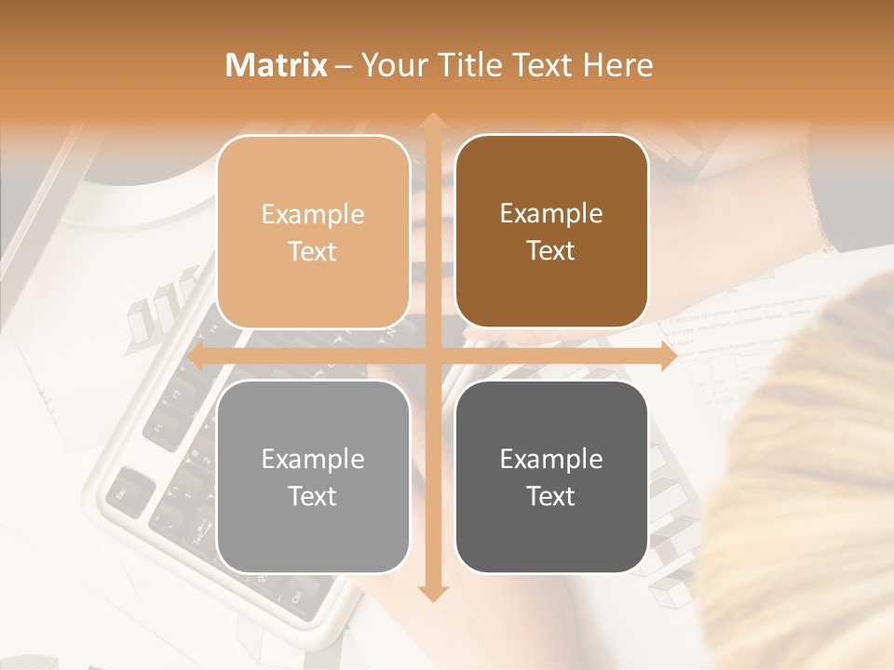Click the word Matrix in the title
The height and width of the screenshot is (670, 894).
click(277, 65)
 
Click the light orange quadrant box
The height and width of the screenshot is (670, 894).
click(313, 232)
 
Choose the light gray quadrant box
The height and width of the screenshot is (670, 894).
click(313, 476)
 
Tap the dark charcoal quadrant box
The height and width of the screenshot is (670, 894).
click(551, 476)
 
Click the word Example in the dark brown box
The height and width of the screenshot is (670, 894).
click(551, 213)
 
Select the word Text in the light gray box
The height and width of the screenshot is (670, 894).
click(313, 496)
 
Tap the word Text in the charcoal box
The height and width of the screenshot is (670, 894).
click(551, 496)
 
